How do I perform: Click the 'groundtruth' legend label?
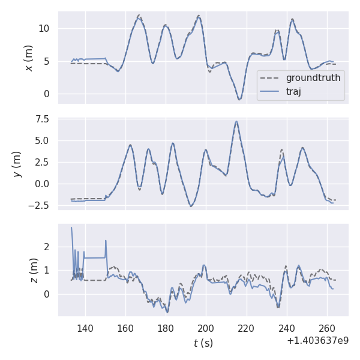(x=313, y=78)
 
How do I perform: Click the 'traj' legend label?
(x=293, y=92)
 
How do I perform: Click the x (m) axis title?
(x=28, y=58)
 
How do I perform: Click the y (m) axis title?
(x=17, y=163)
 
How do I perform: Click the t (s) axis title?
(x=203, y=343)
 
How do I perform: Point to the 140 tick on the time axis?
(x=85, y=328)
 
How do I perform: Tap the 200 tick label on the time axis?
(x=206, y=328)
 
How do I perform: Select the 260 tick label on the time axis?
(x=327, y=328)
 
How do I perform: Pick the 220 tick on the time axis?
(x=246, y=328)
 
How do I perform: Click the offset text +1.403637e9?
(x=317, y=341)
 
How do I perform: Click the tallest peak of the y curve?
(x=236, y=122)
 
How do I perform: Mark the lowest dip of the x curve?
(x=239, y=100)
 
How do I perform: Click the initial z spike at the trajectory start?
(x=71, y=227)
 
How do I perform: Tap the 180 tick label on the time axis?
(x=166, y=328)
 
